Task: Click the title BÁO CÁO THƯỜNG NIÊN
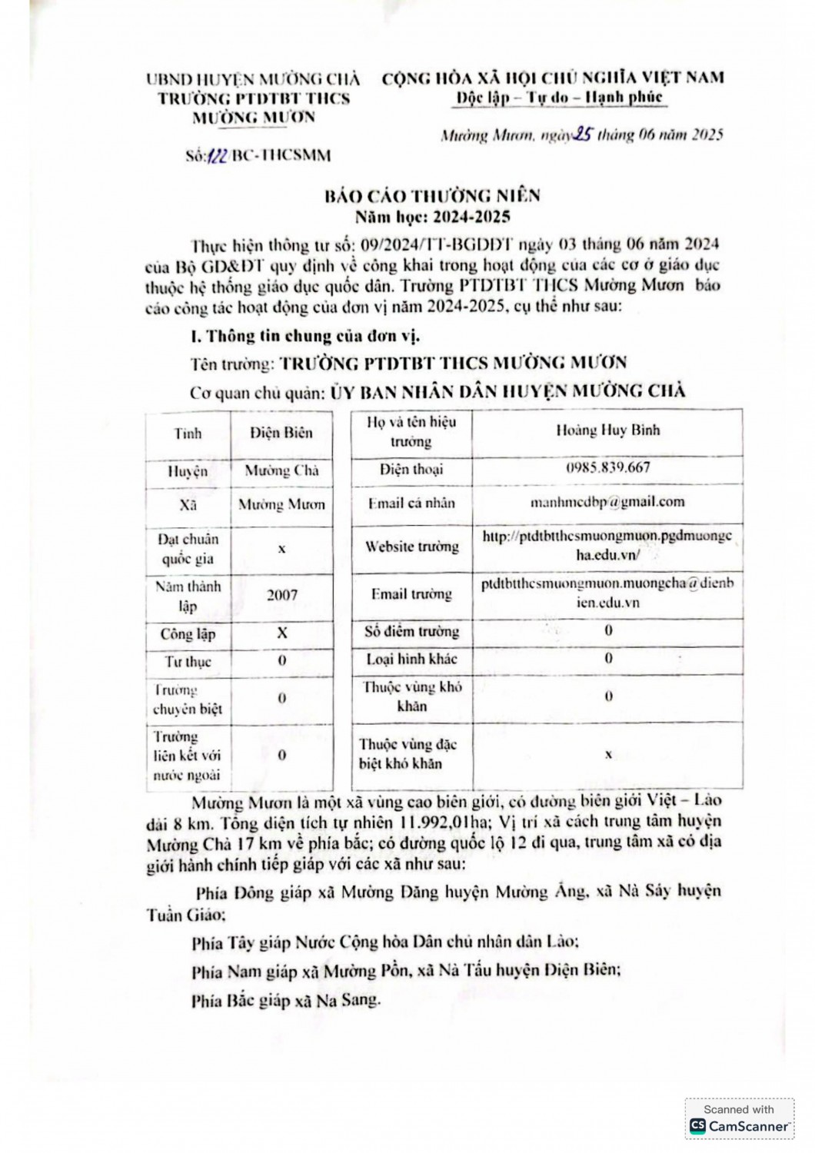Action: click(x=433, y=196)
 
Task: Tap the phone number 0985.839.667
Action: click(x=607, y=467)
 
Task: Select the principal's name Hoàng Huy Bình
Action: click(x=607, y=430)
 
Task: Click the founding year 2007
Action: click(x=281, y=595)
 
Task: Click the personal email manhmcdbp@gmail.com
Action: click(x=607, y=502)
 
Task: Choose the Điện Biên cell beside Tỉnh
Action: click(x=281, y=433)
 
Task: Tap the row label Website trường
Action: click(x=411, y=547)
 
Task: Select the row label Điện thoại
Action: click(x=411, y=469)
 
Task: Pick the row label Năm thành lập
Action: click(x=188, y=596)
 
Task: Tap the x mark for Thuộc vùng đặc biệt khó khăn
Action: click(x=607, y=755)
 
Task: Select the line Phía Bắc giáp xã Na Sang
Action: click(x=286, y=1001)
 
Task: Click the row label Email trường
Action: click(x=411, y=593)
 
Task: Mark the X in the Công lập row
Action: click(x=281, y=633)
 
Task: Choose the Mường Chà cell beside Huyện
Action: click(x=281, y=470)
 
